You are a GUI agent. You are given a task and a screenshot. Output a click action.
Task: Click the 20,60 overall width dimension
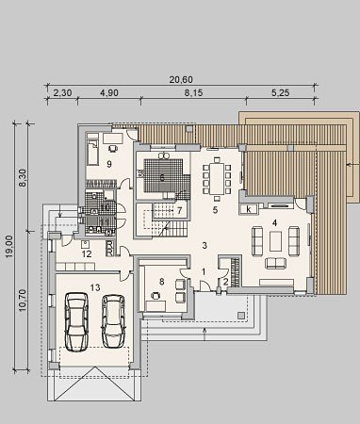click(181, 80)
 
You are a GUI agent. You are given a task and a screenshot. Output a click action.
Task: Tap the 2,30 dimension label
click(63, 93)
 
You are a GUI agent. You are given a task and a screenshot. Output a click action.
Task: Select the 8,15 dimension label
click(193, 93)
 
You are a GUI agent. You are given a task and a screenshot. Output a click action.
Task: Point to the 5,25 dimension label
click(280, 93)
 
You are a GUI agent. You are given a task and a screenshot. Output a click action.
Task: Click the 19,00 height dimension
click(9, 247)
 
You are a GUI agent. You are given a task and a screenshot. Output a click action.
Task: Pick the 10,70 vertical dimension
click(23, 300)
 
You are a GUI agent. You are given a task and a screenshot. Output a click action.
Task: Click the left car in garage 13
click(76, 322)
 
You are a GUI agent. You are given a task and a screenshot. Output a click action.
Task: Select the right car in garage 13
click(113, 321)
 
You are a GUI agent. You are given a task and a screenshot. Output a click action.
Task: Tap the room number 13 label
click(95, 287)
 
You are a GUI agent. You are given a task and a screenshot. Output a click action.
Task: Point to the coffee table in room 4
click(275, 241)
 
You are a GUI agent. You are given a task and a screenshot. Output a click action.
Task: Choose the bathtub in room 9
click(92, 153)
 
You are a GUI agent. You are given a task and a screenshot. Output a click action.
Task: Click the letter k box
click(249, 209)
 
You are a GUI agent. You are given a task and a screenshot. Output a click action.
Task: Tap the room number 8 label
click(162, 282)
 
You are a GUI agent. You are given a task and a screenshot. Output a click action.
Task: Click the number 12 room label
click(87, 253)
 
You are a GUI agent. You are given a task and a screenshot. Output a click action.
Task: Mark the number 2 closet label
click(225, 282)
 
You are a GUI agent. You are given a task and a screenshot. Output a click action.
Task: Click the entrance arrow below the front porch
click(205, 334)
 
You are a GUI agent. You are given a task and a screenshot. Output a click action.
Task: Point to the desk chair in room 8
click(155, 295)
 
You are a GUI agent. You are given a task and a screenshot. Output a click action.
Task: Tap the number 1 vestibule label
click(204, 272)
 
